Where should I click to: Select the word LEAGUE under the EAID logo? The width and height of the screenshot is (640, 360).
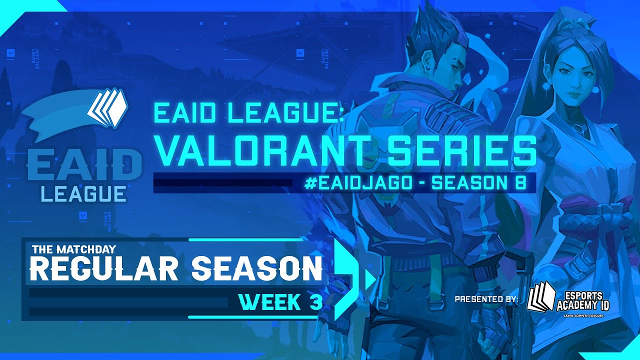click(84, 193)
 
